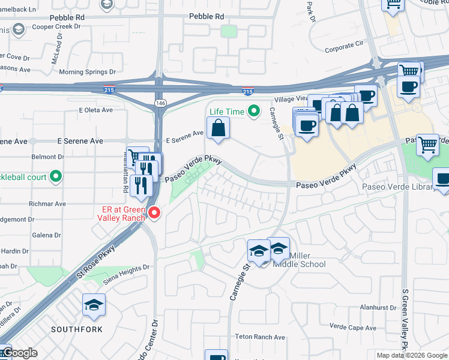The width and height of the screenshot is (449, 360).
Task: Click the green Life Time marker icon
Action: point(255,111)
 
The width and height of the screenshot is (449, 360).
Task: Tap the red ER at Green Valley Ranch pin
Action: point(154,213)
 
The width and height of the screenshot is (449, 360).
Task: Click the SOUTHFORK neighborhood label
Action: point(76,329)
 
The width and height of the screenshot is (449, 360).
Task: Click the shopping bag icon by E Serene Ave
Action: point(218,128)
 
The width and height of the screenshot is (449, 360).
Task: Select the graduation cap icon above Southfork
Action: point(93,305)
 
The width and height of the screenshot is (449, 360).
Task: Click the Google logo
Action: point(19,353)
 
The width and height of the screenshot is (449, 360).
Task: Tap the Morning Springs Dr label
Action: point(87,72)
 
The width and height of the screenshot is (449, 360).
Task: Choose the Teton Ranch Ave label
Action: point(259,337)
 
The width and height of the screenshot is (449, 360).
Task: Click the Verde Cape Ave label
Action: point(353,328)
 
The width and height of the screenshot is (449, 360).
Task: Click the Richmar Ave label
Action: point(46,204)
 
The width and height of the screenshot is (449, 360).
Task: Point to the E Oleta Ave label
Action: point(96,110)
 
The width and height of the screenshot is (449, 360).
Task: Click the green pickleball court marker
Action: point(56,176)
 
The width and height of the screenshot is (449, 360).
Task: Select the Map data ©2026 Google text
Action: point(412,355)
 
